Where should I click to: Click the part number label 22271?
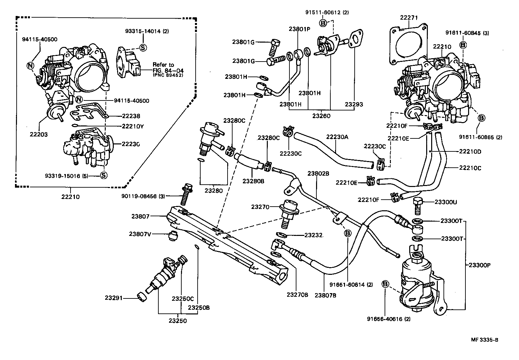[x=409, y=18]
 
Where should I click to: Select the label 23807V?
[x=140, y=234]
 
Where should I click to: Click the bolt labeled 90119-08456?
[x=184, y=194]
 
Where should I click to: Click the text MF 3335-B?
[x=484, y=340]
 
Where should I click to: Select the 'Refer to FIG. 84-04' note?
[x=168, y=70]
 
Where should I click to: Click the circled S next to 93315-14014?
[x=143, y=48]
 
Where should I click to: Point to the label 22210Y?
[x=133, y=126]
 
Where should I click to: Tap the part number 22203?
[x=39, y=134]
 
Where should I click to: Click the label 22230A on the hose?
[x=337, y=137]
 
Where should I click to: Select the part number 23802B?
[x=318, y=173]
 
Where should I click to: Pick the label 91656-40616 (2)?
[x=389, y=319]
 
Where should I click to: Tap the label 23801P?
[x=299, y=29]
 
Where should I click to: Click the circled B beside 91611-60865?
[x=481, y=118]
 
